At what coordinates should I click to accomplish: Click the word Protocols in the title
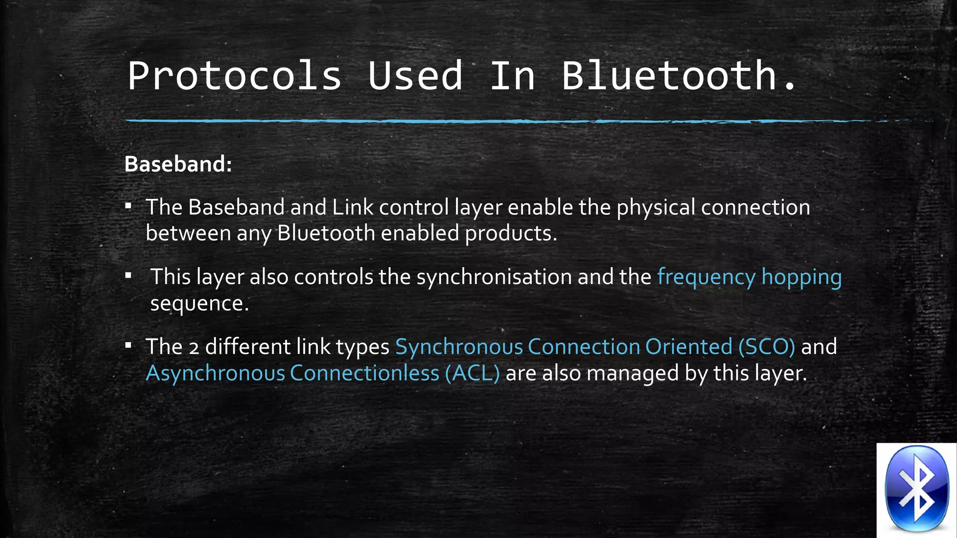coord(235,76)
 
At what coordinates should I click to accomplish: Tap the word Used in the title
coord(415,76)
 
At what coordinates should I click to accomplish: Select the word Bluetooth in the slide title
coord(669,76)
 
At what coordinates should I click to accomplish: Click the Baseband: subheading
coord(178,164)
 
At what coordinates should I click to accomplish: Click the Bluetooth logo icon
coord(917,489)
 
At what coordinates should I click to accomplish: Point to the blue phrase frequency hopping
coord(750,277)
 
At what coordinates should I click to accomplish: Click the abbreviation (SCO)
coord(766,347)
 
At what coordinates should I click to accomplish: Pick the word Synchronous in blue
coord(459,347)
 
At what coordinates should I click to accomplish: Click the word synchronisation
coord(494,277)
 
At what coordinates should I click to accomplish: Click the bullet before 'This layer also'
coord(129,276)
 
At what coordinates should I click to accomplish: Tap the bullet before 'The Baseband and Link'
coord(129,205)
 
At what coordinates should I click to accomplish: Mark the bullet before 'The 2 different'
coord(129,346)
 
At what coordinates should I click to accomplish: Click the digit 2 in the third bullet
coord(193,348)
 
